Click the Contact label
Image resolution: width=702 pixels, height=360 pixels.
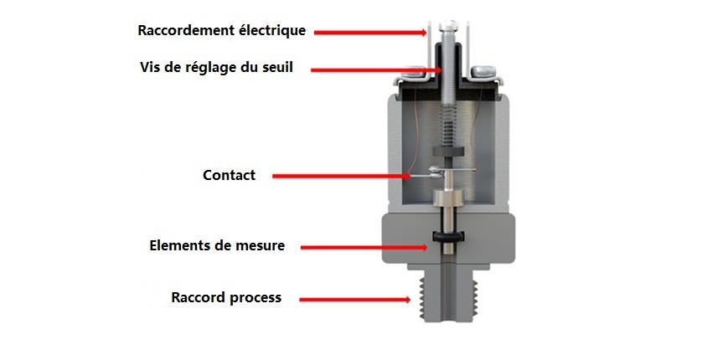229,175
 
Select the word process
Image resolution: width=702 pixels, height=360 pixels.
256,298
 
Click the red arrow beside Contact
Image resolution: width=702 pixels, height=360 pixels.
343,176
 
